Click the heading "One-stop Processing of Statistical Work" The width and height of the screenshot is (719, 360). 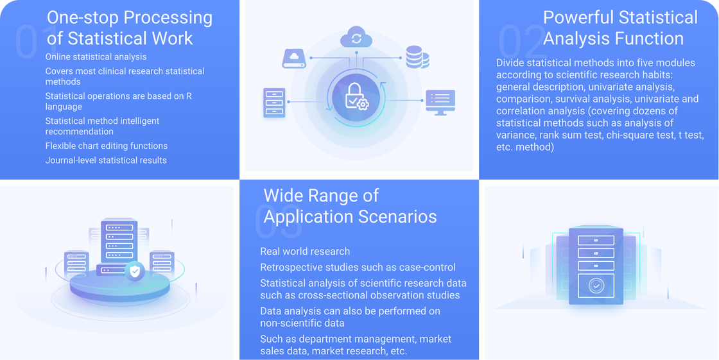130,28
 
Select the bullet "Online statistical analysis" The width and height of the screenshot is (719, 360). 96,57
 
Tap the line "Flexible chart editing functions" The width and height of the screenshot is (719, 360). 107,146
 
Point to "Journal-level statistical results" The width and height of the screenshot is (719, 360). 106,160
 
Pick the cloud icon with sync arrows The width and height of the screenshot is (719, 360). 356,37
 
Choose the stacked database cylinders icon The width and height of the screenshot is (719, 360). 417,57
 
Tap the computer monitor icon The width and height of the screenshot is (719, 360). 440,102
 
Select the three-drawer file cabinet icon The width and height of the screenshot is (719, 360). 274,102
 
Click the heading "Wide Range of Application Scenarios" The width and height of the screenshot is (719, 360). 350,205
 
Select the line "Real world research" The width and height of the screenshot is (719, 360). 305,252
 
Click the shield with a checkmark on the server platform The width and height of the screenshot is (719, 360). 135,271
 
